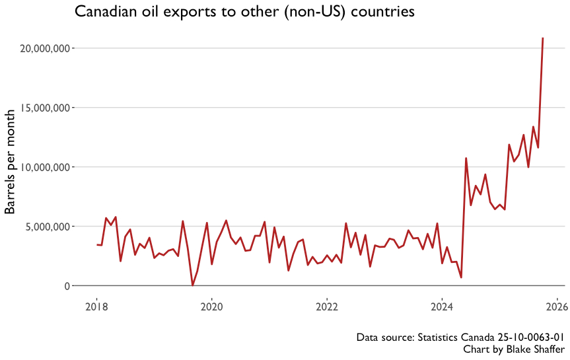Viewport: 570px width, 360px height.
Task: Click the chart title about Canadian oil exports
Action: [x=244, y=12]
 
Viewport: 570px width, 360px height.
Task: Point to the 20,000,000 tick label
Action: [x=42, y=48]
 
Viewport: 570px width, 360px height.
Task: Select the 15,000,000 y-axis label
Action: [x=42, y=108]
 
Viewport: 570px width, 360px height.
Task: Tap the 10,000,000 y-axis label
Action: [x=42, y=167]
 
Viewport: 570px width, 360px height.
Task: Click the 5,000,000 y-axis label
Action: [x=44, y=227]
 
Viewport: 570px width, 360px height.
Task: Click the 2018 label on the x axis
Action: [x=96, y=306]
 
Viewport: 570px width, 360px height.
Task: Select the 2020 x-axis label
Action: [x=211, y=306]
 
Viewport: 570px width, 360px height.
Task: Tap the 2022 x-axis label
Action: [x=327, y=306]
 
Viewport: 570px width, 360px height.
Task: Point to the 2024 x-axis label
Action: [x=442, y=306]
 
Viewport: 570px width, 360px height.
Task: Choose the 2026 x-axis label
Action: [x=557, y=306]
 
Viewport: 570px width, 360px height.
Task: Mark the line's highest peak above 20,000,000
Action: [x=543, y=38]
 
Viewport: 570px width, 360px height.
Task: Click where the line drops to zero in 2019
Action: [x=192, y=285]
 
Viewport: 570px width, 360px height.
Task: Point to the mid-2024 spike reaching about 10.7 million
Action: [x=466, y=159]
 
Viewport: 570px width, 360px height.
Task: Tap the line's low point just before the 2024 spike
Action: [x=461, y=277]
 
